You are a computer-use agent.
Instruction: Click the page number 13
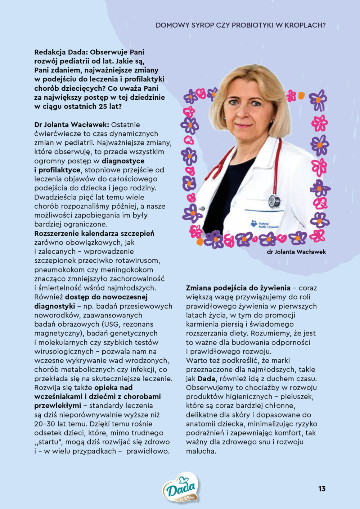(321, 488)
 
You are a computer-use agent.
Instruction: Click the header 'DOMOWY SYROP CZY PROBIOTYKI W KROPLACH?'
(240, 25)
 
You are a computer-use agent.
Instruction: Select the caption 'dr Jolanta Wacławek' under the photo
(296, 252)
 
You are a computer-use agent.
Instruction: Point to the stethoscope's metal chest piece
(275, 201)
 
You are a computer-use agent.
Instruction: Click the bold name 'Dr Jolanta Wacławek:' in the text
(71, 125)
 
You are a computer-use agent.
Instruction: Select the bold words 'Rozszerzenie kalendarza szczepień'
(94, 233)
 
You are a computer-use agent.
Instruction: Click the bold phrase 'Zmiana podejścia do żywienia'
(238, 288)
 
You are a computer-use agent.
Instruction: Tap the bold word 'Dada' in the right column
(206, 378)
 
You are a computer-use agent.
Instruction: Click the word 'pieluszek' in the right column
(296, 396)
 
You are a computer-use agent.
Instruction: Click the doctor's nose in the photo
(245, 112)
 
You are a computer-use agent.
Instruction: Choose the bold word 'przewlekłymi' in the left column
(58, 406)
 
